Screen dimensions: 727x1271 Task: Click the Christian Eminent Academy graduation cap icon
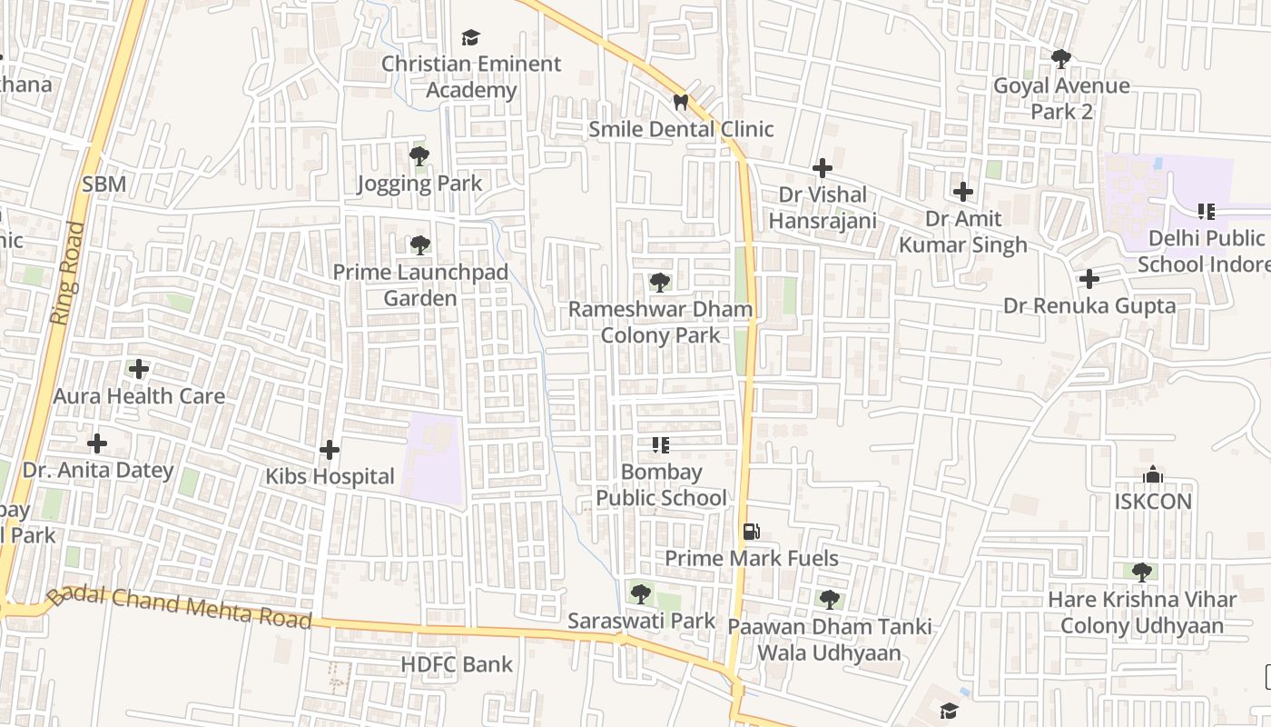coord(470,37)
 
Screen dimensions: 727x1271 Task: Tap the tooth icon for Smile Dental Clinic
coord(681,103)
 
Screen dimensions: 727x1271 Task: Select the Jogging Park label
coord(419,184)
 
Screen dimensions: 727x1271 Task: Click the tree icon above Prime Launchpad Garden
coord(419,244)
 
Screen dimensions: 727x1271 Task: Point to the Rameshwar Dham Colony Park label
coord(660,322)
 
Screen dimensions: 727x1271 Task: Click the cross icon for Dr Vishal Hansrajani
coord(822,168)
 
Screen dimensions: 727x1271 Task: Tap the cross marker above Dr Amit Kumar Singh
coord(963,192)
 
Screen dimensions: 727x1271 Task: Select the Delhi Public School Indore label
coord(1205,251)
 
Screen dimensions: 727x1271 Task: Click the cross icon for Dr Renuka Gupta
coord(1089,279)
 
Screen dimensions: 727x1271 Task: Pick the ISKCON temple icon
coord(1153,474)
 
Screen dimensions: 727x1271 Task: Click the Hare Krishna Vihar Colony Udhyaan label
coord(1142,612)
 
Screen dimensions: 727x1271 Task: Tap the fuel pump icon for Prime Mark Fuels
coord(751,532)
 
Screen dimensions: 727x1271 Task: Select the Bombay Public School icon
coord(661,445)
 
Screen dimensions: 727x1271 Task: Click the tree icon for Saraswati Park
coord(641,594)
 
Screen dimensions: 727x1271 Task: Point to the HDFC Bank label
coord(457,664)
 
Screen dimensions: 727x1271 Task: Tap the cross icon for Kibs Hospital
coord(330,450)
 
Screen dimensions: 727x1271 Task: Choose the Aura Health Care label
coord(139,396)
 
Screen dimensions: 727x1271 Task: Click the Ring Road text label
coord(68,273)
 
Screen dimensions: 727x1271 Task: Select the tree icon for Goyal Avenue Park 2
coord(1060,59)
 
